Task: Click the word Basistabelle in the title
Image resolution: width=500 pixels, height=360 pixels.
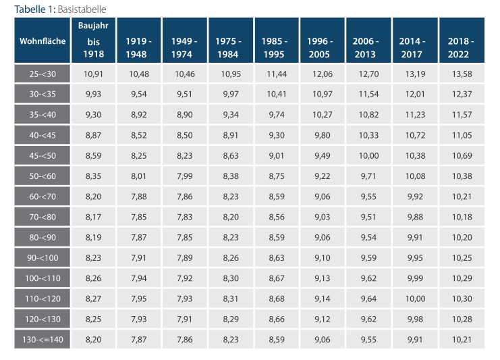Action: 82,9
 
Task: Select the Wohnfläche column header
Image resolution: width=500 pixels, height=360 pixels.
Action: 43,41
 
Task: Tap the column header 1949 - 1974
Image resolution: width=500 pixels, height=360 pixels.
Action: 184,47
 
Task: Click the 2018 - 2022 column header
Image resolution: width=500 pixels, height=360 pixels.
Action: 461,47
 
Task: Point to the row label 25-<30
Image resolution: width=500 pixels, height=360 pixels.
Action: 43,74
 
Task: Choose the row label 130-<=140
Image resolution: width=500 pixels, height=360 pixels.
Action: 43,340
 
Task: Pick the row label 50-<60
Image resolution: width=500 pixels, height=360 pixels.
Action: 43,176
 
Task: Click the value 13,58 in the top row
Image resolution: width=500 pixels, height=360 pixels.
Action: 462,74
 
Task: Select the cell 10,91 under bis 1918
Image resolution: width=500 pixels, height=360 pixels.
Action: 93,74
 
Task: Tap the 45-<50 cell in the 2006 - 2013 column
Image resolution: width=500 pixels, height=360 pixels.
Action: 368,156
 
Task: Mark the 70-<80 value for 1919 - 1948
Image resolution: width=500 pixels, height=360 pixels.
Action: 139,217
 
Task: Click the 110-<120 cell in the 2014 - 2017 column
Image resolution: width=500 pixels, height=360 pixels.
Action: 415,299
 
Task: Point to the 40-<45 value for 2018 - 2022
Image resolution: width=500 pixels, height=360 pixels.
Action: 462,135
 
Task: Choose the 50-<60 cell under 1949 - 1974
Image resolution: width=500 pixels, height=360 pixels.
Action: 185,176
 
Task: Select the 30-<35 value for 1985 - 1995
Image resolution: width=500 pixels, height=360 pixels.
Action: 277,94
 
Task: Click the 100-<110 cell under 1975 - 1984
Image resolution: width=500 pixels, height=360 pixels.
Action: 231,278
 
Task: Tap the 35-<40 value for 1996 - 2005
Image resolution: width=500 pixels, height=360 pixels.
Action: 323,115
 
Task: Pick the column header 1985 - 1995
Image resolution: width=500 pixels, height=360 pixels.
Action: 274,47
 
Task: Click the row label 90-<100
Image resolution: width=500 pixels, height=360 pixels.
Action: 43,258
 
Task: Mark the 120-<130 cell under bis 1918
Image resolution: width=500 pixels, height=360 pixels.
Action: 93,319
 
